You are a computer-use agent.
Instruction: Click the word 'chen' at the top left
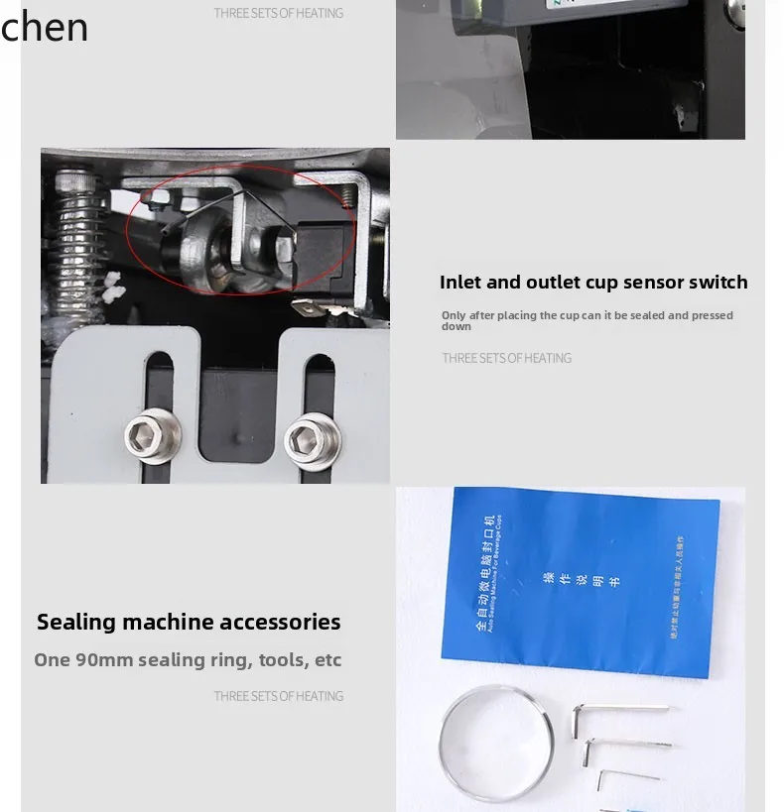pyautogui.click(x=44, y=27)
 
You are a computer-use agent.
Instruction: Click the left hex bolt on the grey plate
pyautogui.click(x=152, y=433)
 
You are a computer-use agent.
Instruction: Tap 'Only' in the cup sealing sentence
pyautogui.click(x=454, y=315)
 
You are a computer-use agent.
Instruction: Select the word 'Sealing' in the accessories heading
pyautogui.click(x=76, y=622)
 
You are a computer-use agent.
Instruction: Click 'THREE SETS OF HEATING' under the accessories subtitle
pyautogui.click(x=279, y=696)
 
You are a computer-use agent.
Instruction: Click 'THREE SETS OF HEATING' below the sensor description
pyautogui.click(x=506, y=358)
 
